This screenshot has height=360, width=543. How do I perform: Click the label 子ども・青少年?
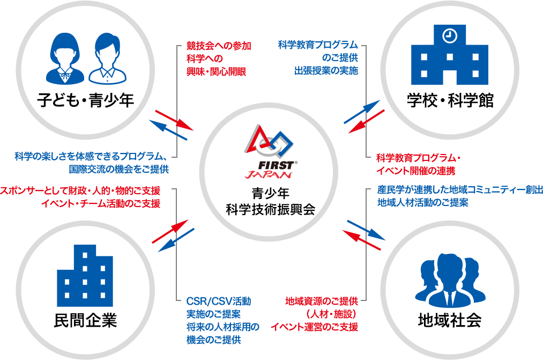[85, 100]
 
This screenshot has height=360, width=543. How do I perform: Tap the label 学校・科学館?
[449, 100]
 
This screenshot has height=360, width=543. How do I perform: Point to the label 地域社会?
[449, 320]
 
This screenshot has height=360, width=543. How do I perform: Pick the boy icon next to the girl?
[107, 59]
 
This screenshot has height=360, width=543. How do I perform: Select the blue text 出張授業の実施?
[326, 70]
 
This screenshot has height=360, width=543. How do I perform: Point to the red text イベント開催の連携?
[415, 171]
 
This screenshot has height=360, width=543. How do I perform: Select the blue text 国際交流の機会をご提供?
[119, 170]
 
